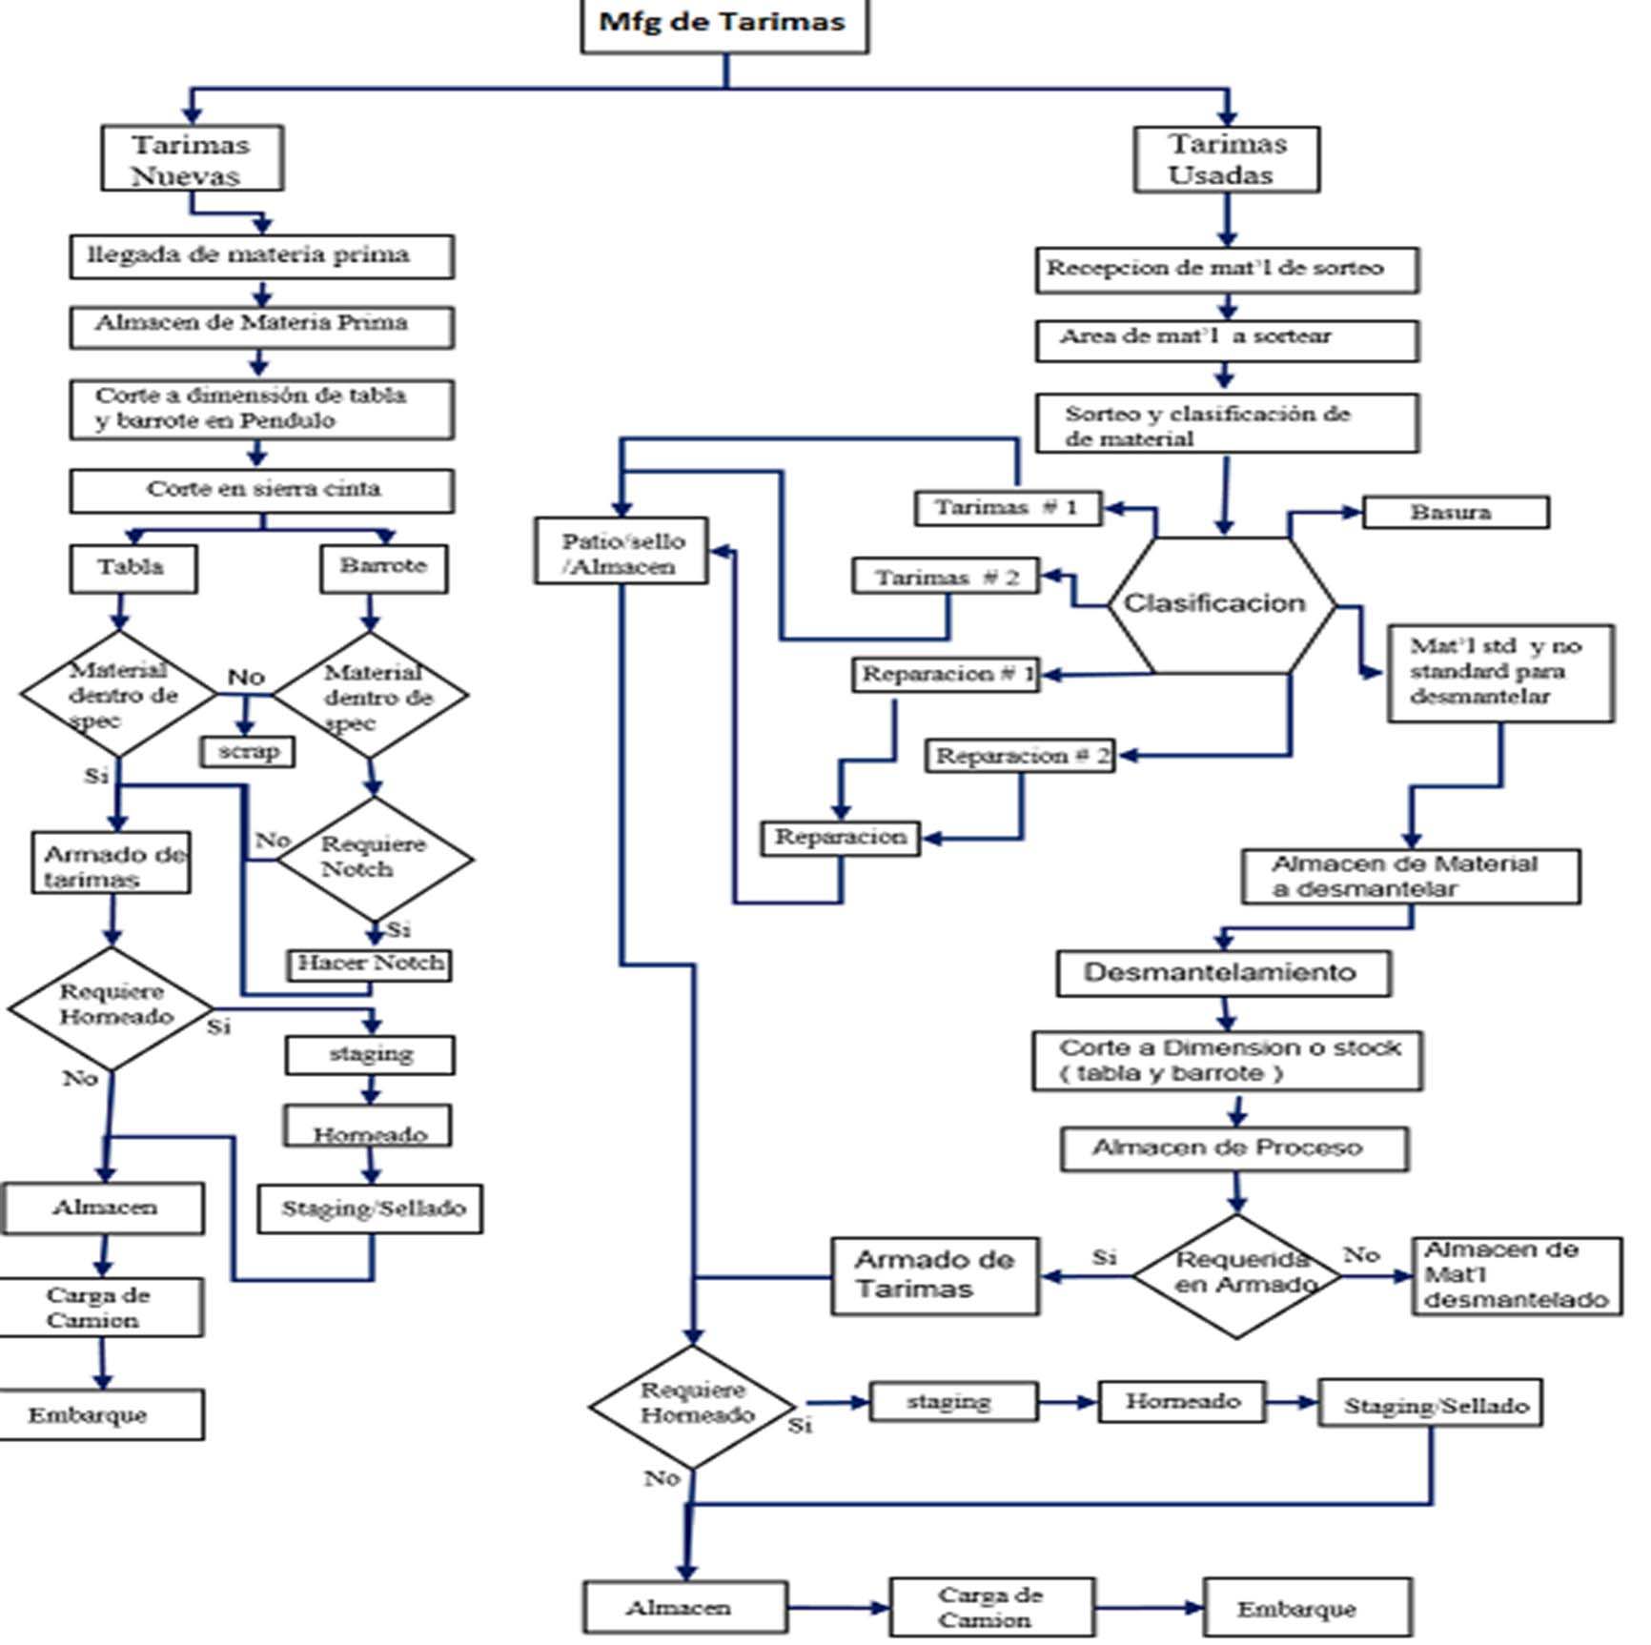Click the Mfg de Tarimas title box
[x=724, y=24]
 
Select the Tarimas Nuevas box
[x=192, y=159]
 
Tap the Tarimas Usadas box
[x=1227, y=160]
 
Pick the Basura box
[x=1455, y=513]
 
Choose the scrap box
[x=248, y=751]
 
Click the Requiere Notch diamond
[x=374, y=858]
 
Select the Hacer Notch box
[x=369, y=964]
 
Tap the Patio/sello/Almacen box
[x=622, y=552]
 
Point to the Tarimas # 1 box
[x=1008, y=508]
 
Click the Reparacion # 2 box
[x=1020, y=757]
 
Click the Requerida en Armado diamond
[x=1237, y=1275]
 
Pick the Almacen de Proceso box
[x=1234, y=1148]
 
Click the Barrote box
[x=383, y=568]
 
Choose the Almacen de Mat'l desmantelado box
[x=1516, y=1275]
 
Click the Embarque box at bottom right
[x=1307, y=1608]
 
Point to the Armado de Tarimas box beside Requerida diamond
[x=934, y=1275]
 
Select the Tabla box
[x=133, y=569]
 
